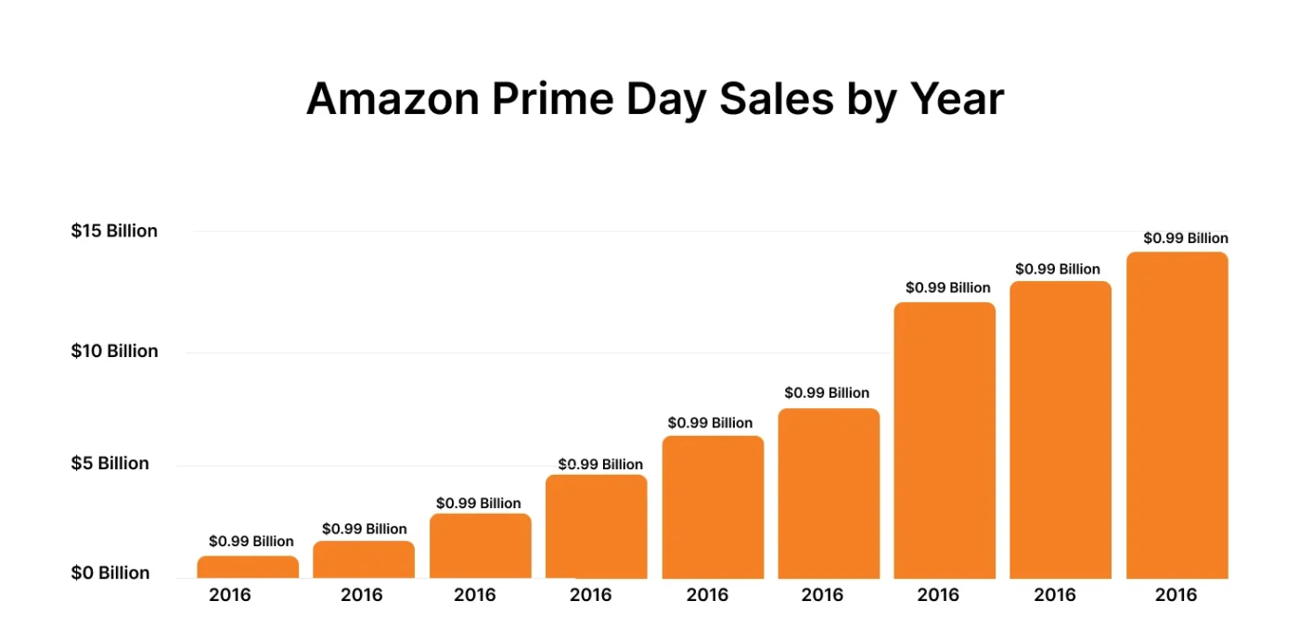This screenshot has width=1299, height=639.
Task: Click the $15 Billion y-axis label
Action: (114, 231)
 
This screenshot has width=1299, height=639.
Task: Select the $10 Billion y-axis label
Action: (114, 351)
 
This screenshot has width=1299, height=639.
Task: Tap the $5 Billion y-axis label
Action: (109, 464)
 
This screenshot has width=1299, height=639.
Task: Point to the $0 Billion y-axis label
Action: (109, 573)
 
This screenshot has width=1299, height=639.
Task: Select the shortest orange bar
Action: (248, 568)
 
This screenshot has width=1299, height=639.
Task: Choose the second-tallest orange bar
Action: (1060, 430)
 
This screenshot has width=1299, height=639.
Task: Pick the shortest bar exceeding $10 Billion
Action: (944, 441)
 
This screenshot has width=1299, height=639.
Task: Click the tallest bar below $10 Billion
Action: (829, 493)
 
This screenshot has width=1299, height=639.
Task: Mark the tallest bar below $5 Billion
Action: (596, 527)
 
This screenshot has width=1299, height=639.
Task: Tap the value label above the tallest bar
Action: (1185, 238)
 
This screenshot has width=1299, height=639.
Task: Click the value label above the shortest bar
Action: (251, 542)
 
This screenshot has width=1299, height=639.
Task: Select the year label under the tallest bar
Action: (1176, 595)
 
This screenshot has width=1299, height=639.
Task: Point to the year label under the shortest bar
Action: (229, 595)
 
